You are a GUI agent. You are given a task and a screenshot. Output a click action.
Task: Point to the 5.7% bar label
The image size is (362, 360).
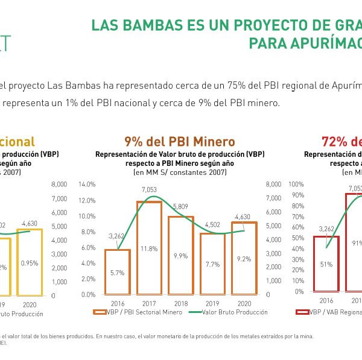pos(117,273)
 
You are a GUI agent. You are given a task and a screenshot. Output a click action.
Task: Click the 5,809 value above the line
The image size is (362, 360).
pos(180,206)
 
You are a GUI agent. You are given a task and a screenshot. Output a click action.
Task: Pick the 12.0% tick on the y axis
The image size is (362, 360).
pos(87,200)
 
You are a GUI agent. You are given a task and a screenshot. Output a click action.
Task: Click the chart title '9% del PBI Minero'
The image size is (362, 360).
pos(179,142)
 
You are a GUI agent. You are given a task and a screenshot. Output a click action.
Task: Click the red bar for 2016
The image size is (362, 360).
pos(326,264)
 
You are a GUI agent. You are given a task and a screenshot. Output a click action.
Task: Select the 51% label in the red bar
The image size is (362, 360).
pos(326,264)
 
